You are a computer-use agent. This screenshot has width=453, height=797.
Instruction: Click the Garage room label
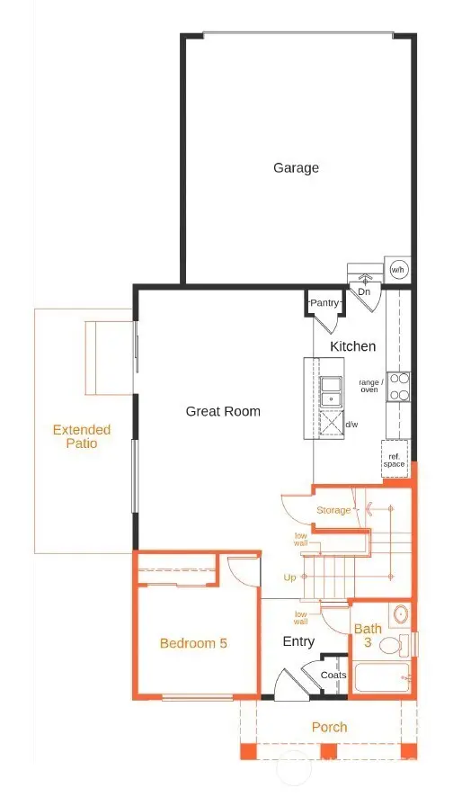pos(296,168)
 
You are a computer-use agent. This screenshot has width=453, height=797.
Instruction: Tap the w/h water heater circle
pos(398,269)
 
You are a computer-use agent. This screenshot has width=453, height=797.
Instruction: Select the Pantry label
pos(323,304)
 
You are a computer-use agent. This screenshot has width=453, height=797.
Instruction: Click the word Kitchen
pos(352,346)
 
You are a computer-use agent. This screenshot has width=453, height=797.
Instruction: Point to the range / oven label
pos(370,386)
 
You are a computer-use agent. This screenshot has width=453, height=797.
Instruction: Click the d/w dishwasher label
pos(351,424)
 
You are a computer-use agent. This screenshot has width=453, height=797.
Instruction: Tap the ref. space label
pos(394,460)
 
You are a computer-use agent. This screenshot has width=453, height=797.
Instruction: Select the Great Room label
pos(223,411)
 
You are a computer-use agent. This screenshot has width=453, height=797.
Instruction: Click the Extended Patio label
pos(81,436)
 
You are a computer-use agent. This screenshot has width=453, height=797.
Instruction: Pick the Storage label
pos(333,511)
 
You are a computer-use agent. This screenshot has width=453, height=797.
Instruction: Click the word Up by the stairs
pos(289,577)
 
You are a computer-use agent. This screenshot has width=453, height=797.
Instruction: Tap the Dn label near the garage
pos(364,291)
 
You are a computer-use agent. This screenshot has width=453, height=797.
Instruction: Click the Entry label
pos(298,641)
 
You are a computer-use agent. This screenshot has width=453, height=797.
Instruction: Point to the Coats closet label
pos(333,675)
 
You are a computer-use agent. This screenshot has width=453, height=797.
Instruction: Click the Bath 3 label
pos(367,636)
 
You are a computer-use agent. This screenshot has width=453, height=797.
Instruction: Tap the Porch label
pos(328,727)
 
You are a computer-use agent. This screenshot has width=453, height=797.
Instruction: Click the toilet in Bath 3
pos(391,646)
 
